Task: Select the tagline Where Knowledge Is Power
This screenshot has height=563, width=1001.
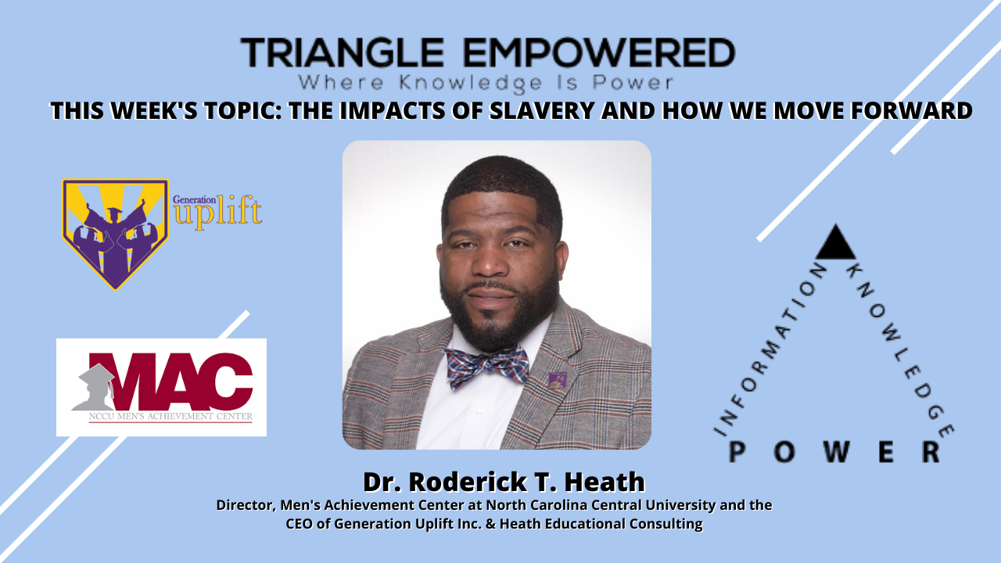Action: [487, 81]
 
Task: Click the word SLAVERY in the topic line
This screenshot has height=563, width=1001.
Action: [559, 111]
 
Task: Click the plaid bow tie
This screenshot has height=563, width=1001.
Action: [486, 366]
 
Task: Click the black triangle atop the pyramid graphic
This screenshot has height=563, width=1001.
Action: [835, 244]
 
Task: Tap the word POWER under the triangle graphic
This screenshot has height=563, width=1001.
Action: [834, 451]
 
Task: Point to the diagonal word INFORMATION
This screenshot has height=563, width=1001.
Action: [770, 347]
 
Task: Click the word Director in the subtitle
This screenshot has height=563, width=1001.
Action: [243, 505]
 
